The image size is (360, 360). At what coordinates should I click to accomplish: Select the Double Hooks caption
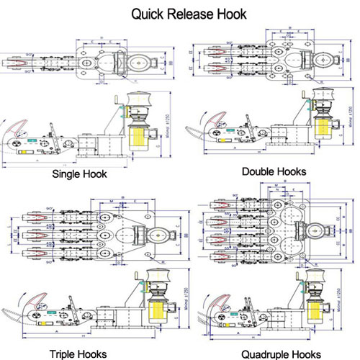[x=274, y=171]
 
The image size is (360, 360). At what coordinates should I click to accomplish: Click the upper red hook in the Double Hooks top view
[x=213, y=53]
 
